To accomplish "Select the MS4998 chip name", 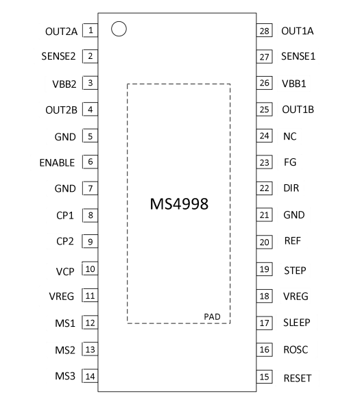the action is click(179, 204).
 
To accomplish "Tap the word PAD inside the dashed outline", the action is click(212, 316).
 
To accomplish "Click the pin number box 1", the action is click(90, 30).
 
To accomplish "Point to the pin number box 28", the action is click(265, 30).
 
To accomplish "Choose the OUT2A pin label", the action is click(62, 32).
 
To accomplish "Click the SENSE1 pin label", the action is click(298, 56).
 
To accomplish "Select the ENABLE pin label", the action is click(57, 163).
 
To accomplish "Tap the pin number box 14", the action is click(90, 376).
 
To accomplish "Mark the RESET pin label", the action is click(298, 378).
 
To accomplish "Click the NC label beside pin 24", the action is click(289, 136).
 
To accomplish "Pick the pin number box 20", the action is click(265, 242).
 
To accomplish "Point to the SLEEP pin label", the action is click(296, 323).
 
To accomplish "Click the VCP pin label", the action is click(65, 271).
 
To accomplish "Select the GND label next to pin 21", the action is click(294, 215).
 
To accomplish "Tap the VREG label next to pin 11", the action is click(62, 296).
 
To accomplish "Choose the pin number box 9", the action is click(90, 241).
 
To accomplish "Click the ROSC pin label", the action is click(296, 349).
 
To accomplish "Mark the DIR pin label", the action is click(291, 188).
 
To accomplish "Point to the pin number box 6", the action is click(90, 162).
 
